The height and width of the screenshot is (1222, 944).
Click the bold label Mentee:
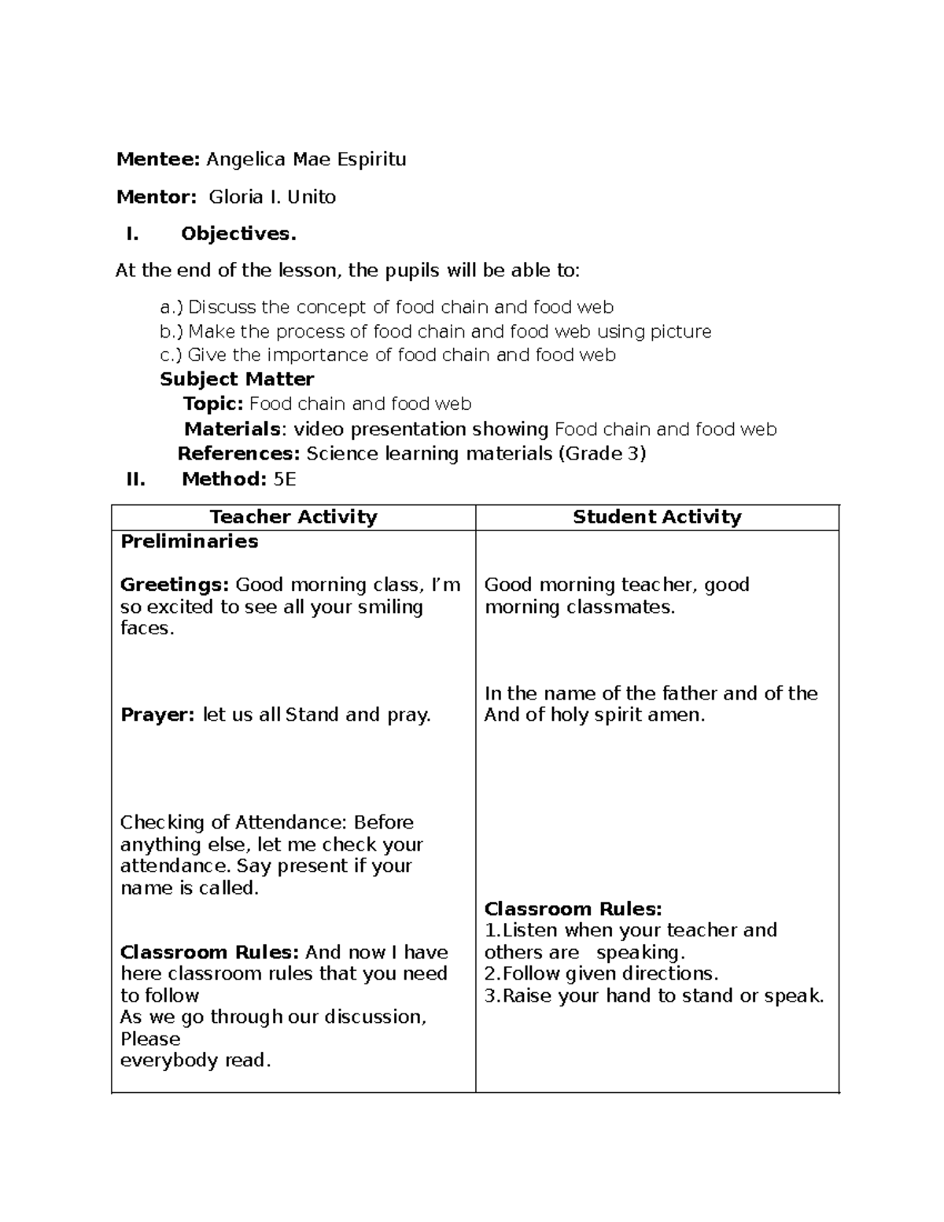[158, 160]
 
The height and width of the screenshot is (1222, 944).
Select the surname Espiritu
[371, 160]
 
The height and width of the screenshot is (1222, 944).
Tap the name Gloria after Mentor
[236, 197]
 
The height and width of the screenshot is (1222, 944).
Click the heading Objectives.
[238, 234]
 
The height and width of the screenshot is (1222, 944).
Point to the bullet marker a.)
[171, 307]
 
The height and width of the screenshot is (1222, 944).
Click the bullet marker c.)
[171, 355]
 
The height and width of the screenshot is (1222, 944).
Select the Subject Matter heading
[237, 379]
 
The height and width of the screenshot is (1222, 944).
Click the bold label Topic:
[213, 404]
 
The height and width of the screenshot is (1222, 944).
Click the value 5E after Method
[285, 479]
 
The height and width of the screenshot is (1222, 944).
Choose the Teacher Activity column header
[293, 517]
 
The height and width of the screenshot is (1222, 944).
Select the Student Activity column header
[657, 517]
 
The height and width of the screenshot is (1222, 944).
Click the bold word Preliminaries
[189, 541]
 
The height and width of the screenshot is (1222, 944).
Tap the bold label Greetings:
[175, 585]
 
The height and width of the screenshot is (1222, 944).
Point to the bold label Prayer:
[157, 715]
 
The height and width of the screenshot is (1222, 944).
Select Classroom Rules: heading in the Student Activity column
[573, 909]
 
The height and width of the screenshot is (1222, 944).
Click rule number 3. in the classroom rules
[492, 996]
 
